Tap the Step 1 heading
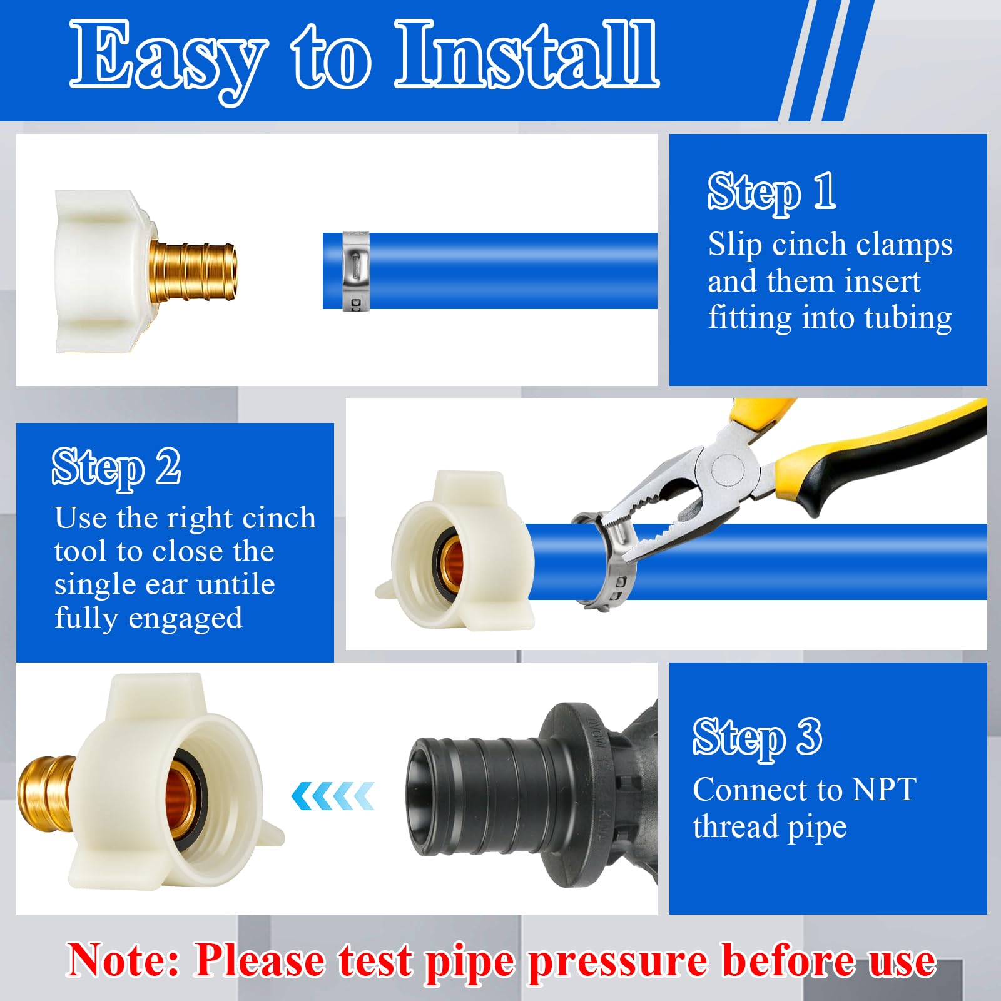[771, 191]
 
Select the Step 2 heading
[116, 467]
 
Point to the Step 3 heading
[757, 738]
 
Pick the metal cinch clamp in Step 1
[355, 270]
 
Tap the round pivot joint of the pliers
[727, 467]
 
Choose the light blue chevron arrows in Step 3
[333, 796]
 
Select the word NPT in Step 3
[885, 790]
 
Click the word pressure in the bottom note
[618, 961]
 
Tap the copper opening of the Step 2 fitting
[451, 557]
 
